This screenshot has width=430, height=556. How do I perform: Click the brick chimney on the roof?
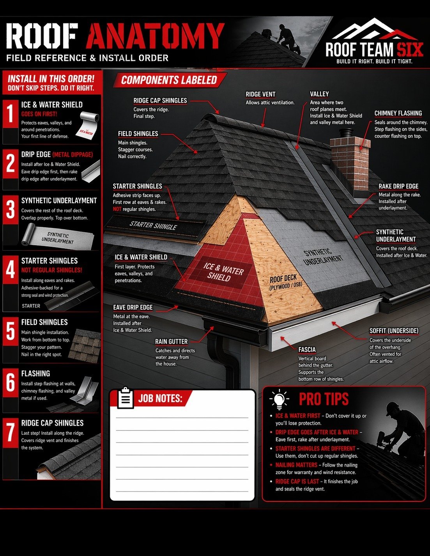pos(350,163)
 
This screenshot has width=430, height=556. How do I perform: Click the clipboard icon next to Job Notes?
pos(125,397)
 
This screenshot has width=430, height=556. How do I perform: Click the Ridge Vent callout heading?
pos(260,94)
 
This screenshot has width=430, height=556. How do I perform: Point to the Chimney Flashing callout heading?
pos(398,113)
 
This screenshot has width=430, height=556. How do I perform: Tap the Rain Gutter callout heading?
pos(172,342)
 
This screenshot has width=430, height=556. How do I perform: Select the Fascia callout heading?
pos(307,349)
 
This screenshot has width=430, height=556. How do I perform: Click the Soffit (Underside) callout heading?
pos(394,331)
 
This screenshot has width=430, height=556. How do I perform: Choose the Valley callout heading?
pos(320,94)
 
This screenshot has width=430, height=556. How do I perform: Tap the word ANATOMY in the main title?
pos(155,36)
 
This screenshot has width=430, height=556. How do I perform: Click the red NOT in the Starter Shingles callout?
pos(117,209)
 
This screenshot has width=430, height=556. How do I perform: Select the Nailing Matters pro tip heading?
pos(296,465)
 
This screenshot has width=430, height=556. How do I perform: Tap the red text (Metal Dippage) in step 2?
pos(73,154)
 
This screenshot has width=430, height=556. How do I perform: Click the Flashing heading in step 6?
pos(35,374)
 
